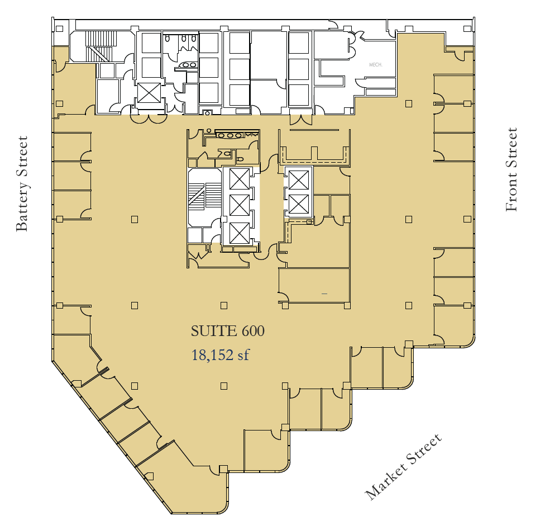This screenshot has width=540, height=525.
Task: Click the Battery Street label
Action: (21, 183)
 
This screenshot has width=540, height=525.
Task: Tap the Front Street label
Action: (511, 170)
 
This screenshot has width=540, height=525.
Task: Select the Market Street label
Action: (403, 467)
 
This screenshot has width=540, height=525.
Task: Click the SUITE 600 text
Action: (227, 331)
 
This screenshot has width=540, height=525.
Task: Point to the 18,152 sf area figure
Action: (219, 354)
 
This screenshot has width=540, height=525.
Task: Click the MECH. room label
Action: (375, 65)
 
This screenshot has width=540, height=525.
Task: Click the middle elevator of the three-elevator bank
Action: (239, 205)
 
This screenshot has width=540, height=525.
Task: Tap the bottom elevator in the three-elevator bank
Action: (239, 232)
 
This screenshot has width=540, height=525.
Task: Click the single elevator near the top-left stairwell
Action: (149, 93)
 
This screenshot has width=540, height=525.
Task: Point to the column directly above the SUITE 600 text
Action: (224, 305)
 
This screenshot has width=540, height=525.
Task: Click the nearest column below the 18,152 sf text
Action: (224, 385)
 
